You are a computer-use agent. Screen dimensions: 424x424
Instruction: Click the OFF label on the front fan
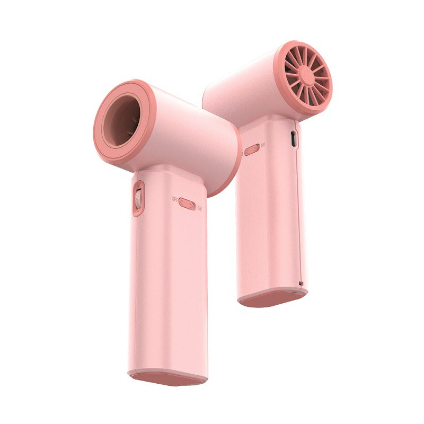(x=174, y=199)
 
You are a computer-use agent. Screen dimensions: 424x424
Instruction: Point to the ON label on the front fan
(x=199, y=208)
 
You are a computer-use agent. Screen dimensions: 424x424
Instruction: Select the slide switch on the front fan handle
(x=187, y=203)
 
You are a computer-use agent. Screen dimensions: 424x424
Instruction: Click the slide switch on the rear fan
(x=252, y=149)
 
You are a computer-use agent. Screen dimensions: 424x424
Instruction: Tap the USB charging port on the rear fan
(x=294, y=139)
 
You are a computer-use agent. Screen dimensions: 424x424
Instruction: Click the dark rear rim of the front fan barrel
(x=228, y=170)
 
